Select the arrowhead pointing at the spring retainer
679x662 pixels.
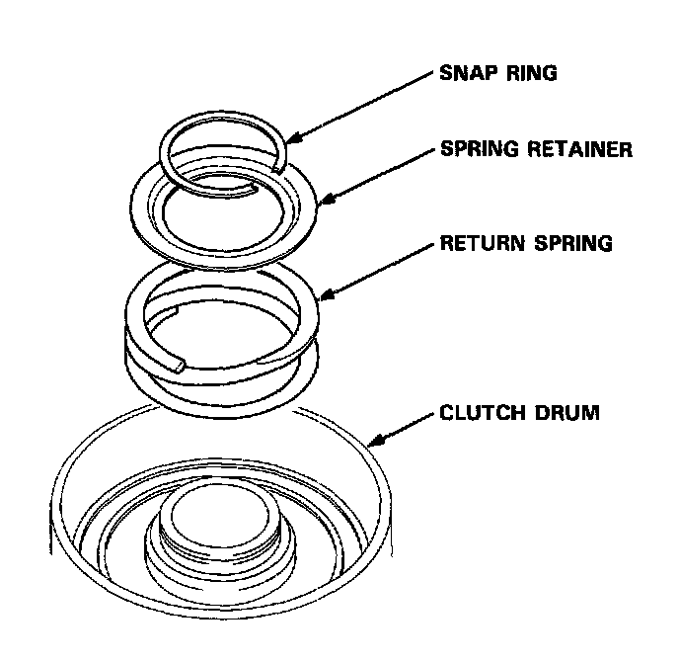329,201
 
